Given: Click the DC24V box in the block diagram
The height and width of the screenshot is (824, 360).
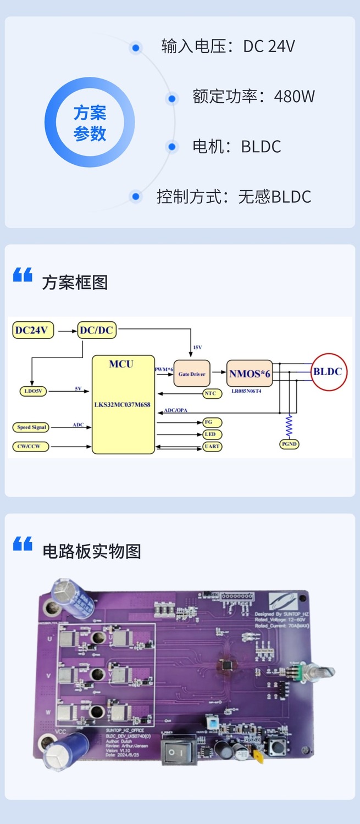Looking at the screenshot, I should (31, 330).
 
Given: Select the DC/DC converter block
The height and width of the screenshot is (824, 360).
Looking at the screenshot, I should (96, 330).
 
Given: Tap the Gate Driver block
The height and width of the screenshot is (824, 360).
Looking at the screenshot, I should (191, 374).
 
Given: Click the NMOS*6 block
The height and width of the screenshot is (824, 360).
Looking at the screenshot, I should (250, 374).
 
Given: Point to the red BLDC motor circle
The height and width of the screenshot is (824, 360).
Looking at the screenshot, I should (328, 372).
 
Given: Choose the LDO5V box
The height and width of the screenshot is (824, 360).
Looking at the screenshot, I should (32, 391).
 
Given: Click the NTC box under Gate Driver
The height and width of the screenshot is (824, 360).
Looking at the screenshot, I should (210, 393).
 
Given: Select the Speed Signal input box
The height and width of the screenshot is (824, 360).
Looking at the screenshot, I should (31, 427).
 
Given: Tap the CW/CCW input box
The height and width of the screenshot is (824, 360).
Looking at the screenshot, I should (31, 447).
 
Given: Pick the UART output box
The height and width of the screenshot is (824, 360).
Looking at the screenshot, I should (212, 447).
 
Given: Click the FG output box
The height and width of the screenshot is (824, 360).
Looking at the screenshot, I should (212, 422).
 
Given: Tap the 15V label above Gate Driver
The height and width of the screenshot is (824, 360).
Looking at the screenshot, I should (197, 348).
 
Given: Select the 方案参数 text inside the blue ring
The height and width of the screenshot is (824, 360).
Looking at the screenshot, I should (90, 123).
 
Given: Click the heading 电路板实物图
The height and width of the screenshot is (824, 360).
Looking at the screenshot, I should (92, 551).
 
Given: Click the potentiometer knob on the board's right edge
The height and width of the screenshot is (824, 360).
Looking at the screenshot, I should (324, 672).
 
